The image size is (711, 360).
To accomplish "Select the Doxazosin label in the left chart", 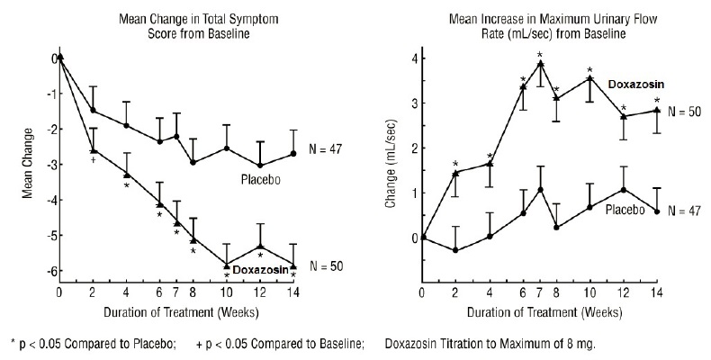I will [260, 269].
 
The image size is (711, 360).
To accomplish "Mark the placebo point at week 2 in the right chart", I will [455, 249].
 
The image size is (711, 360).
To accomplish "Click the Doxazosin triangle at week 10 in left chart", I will [227, 264].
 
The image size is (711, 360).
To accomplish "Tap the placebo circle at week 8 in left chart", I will [193, 162].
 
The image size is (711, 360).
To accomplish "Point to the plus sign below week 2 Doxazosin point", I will [94, 160].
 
